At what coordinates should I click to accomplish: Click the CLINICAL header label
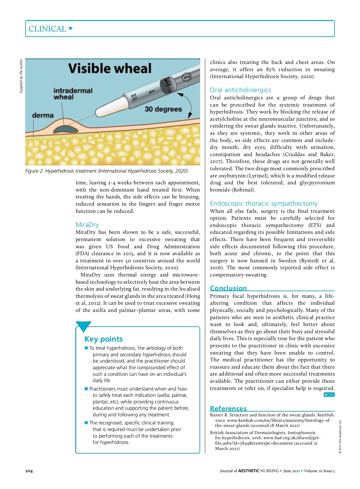(47, 29)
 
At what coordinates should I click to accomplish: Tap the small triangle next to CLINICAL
(70, 29)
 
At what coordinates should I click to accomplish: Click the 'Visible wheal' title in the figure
(110, 68)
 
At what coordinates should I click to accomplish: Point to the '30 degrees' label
(163, 109)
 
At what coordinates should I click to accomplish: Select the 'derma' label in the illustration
(43, 115)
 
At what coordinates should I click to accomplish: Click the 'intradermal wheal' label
(73, 94)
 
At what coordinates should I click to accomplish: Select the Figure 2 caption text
(106, 171)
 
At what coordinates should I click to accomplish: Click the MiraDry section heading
(87, 225)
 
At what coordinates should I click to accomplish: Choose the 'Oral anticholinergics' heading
(240, 90)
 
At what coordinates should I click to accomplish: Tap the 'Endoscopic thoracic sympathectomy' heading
(263, 204)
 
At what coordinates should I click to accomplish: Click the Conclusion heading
(228, 288)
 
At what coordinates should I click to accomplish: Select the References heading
(228, 409)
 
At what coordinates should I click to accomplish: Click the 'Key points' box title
(103, 339)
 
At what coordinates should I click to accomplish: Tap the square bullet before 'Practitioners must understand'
(86, 389)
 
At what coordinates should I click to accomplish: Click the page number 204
(29, 471)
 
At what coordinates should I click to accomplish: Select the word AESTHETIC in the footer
(248, 471)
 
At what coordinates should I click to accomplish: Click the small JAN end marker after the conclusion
(329, 394)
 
